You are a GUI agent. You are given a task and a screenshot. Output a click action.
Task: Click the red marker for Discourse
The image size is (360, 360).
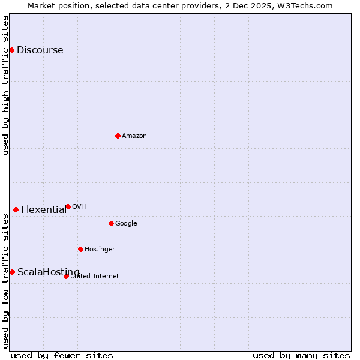click(x=11, y=50)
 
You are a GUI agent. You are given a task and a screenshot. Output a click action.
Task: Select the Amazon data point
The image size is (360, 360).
click(x=118, y=136)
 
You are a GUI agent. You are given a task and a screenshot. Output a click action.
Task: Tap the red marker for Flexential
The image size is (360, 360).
click(x=16, y=209)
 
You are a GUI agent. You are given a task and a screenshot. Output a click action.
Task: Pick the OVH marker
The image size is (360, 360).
click(x=68, y=206)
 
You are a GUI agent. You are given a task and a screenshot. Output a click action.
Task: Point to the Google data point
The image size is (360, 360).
click(x=111, y=223)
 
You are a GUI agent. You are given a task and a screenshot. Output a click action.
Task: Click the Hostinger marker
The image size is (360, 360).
click(x=80, y=249)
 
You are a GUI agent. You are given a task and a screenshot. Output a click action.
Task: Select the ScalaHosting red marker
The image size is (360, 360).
click(x=12, y=272)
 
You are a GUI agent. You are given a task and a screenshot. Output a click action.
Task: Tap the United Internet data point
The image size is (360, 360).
click(x=66, y=276)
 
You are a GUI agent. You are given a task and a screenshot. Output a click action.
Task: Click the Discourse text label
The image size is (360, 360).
click(x=40, y=50)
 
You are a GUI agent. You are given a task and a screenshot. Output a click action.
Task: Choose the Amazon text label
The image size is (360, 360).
click(x=134, y=136)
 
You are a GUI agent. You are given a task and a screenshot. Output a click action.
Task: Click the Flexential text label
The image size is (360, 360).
click(x=44, y=209)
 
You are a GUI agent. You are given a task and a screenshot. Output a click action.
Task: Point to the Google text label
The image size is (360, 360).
click(x=126, y=223)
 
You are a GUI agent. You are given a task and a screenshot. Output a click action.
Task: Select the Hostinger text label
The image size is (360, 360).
click(x=100, y=249)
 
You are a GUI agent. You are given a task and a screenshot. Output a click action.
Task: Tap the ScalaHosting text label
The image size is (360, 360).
click(x=48, y=272)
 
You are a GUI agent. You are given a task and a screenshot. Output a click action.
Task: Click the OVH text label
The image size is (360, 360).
click(x=79, y=206)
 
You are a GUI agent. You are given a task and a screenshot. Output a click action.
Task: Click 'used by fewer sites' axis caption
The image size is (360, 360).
click(x=62, y=355)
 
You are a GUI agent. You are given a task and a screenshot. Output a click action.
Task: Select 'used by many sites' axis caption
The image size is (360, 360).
click(x=301, y=355)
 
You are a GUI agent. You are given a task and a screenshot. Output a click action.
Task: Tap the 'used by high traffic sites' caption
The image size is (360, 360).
click(x=6, y=85)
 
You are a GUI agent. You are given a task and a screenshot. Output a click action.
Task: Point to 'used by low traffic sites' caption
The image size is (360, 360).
click(x=6, y=281)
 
